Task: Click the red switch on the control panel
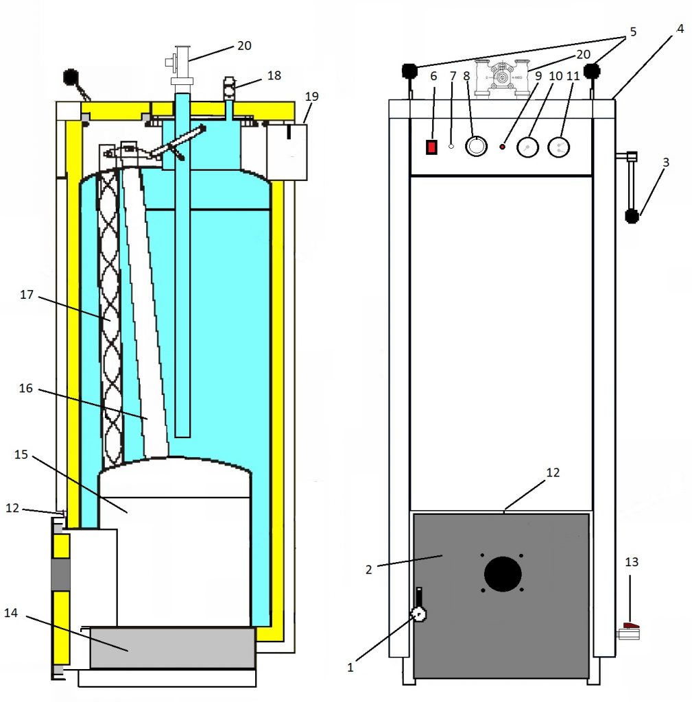[x=431, y=147]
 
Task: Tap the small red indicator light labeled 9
[x=503, y=147]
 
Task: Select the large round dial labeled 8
[x=475, y=146]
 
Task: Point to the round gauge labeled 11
[x=560, y=146]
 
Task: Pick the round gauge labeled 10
[x=527, y=147]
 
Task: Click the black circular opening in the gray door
[x=503, y=574]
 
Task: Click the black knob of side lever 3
[x=632, y=217]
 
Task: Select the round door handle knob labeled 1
[x=418, y=616]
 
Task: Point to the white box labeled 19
[x=288, y=151]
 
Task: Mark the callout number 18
[x=274, y=75]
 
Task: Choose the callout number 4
[x=679, y=29]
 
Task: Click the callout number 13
[x=631, y=562]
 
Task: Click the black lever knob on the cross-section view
[x=71, y=77]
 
